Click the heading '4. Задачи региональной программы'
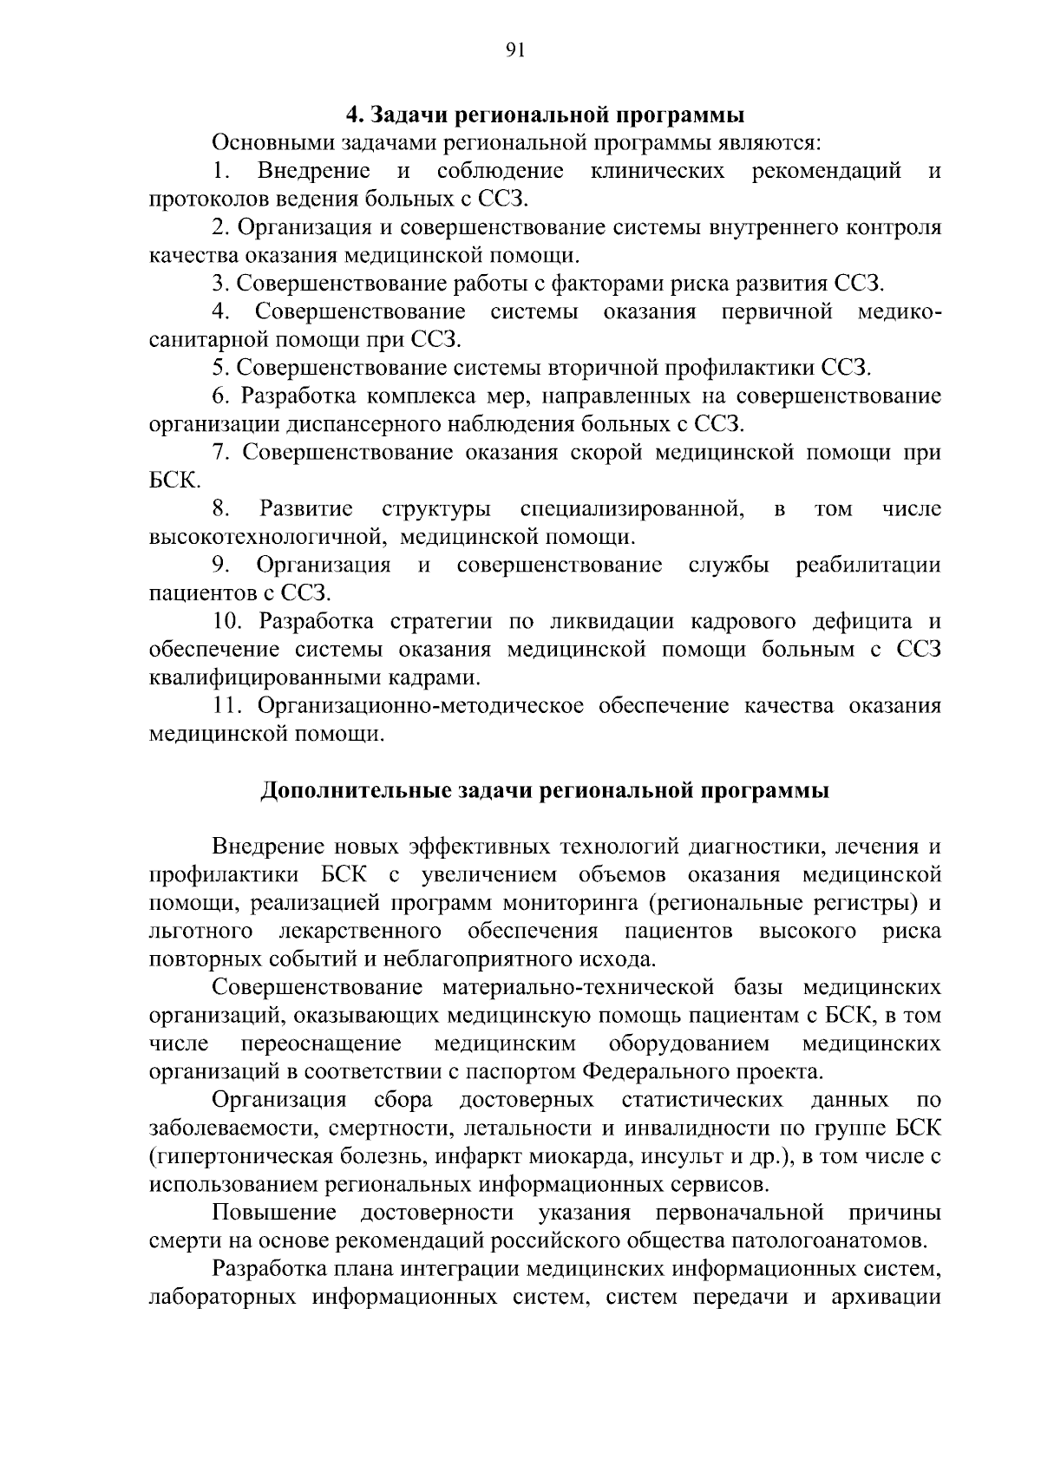[545, 115]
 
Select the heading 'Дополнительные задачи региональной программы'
[545, 791]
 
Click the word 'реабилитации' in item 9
[868, 566]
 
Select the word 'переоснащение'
[321, 1043]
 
